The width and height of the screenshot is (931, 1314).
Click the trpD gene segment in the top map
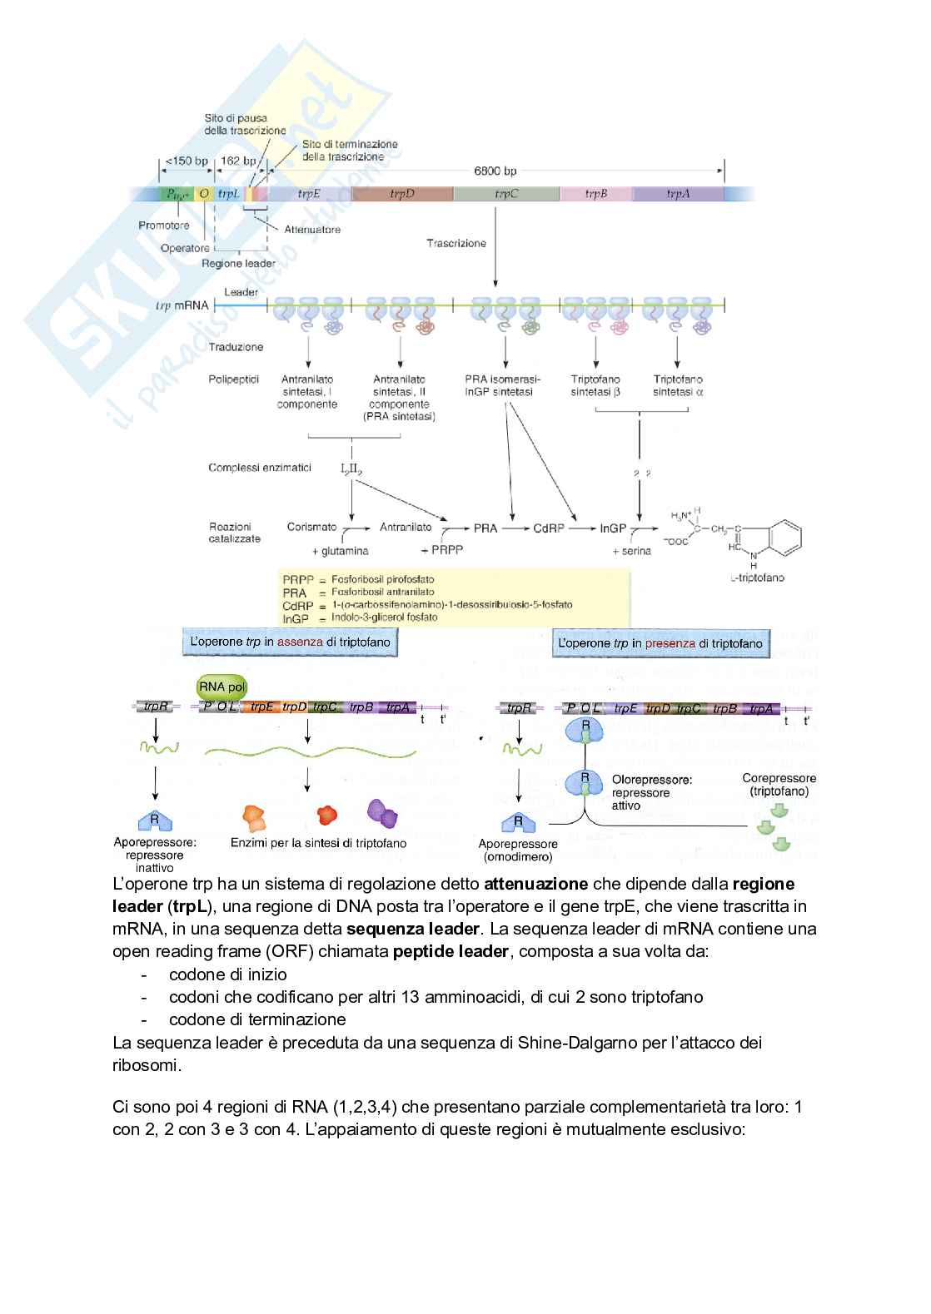(402, 194)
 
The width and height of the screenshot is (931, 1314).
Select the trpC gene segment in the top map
(506, 194)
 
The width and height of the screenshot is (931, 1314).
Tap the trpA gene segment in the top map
(678, 194)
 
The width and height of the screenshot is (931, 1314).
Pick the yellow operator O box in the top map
(204, 194)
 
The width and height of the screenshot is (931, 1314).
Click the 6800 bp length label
(495, 171)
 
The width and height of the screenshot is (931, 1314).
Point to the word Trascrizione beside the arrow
(456, 243)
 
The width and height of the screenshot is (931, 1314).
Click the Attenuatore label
(312, 230)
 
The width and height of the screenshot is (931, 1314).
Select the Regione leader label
(239, 264)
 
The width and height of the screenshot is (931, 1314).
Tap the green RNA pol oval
(222, 687)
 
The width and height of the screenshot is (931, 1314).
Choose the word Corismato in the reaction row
(311, 527)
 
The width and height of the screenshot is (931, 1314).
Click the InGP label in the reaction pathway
(613, 528)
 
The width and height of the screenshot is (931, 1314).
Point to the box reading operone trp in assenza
(289, 642)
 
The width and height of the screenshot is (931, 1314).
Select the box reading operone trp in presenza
(660, 643)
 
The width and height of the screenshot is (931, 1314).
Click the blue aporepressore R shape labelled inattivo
(155, 821)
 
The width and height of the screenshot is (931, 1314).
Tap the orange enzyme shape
(254, 818)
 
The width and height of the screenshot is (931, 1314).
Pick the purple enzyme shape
(382, 813)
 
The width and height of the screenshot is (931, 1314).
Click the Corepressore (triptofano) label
(779, 785)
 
